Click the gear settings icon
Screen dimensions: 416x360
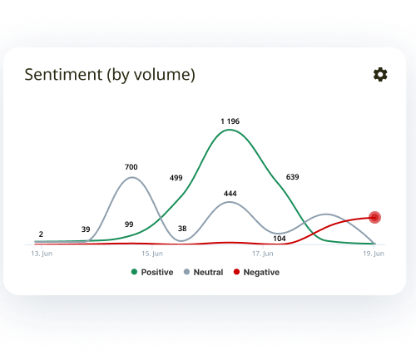click(380, 75)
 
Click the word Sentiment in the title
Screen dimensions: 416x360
click(63, 75)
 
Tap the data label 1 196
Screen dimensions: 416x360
click(230, 121)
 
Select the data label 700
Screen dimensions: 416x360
click(131, 167)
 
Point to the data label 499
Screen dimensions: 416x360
click(176, 178)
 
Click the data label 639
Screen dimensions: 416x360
click(293, 177)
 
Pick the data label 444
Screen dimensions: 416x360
click(230, 194)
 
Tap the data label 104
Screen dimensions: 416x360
click(280, 239)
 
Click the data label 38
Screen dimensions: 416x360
click(182, 229)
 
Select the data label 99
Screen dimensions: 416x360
click(129, 224)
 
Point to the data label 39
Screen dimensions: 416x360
click(86, 229)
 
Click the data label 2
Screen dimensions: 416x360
click(41, 234)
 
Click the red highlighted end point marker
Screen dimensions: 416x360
click(374, 218)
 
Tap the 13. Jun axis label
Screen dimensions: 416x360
click(42, 254)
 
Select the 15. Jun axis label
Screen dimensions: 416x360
click(152, 254)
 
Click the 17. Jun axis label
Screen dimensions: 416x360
click(263, 254)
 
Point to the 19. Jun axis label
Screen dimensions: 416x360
click(374, 254)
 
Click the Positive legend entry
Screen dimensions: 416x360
click(152, 272)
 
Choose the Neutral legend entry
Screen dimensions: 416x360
click(204, 272)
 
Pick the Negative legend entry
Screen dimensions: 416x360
click(256, 272)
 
